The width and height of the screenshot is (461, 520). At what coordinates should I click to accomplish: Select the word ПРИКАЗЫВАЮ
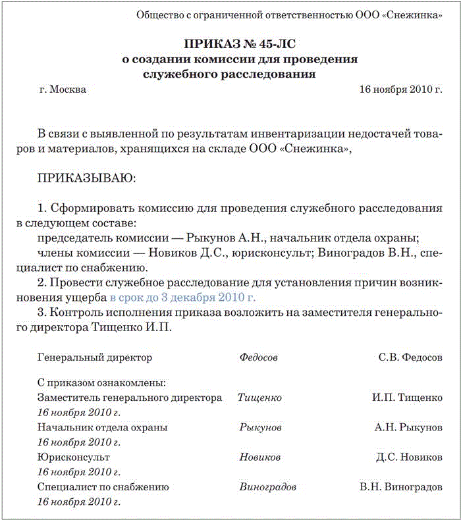click(87, 178)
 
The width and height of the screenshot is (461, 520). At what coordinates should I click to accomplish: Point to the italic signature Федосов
click(259, 358)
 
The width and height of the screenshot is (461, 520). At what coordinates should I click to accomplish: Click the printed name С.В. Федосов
click(410, 358)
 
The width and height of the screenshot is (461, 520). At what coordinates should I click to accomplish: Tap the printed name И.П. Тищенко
click(407, 398)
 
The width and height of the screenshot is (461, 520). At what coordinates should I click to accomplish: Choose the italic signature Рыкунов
click(261, 428)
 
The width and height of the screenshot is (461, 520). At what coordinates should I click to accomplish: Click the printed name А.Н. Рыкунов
click(408, 428)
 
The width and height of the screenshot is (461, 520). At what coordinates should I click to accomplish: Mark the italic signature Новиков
click(260, 457)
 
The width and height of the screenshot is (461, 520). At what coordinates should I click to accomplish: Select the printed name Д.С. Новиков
click(409, 457)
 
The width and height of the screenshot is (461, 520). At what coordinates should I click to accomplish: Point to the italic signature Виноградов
click(268, 488)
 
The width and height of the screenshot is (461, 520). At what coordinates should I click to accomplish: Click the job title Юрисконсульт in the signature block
click(74, 457)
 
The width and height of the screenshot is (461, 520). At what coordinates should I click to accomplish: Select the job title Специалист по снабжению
click(103, 488)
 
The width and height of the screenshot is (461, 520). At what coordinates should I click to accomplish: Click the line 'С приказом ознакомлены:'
click(101, 382)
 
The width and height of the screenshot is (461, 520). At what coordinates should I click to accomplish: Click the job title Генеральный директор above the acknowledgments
click(95, 358)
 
